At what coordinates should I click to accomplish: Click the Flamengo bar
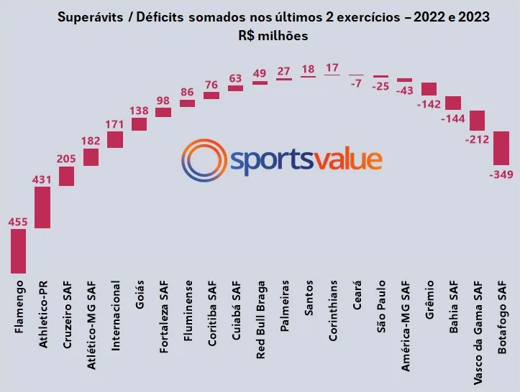(x=19, y=251)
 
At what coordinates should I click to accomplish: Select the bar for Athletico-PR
(x=42, y=207)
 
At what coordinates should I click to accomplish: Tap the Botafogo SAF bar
(x=501, y=149)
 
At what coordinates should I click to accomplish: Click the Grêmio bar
(x=429, y=89)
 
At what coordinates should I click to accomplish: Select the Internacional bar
(x=115, y=139)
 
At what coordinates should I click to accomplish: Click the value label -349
(x=501, y=174)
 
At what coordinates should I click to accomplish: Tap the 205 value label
(x=66, y=159)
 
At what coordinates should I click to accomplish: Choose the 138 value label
(x=139, y=111)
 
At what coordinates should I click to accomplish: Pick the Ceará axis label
(x=357, y=299)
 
